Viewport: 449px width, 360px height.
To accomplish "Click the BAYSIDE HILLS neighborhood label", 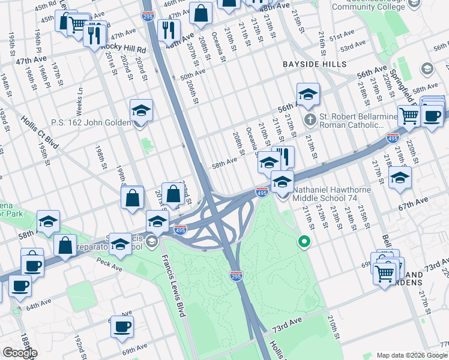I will point(315,64).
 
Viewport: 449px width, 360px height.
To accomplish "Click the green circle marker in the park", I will point(304,242).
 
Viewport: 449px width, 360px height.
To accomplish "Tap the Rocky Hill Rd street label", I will point(124,47).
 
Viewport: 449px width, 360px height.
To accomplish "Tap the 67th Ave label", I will point(414,200).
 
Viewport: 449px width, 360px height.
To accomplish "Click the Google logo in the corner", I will point(20,353).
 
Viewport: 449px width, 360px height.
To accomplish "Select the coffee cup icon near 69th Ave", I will point(123,326).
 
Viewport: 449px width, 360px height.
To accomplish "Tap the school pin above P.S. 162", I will point(142,110).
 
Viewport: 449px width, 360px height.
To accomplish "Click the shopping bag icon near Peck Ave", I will point(65,245).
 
